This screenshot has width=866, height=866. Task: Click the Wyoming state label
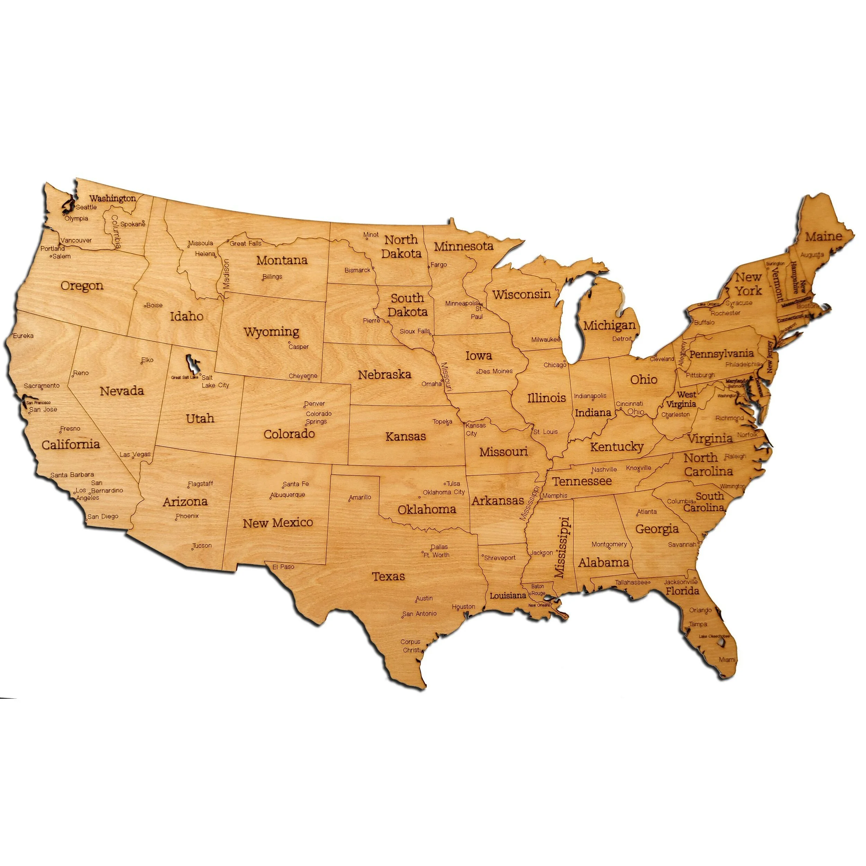pyautogui.click(x=271, y=333)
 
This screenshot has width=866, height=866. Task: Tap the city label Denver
pyautogui.click(x=315, y=404)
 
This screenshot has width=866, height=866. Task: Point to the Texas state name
pyautogui.click(x=388, y=576)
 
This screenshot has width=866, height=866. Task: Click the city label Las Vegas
pyautogui.click(x=135, y=454)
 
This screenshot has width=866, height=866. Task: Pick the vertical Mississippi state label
pyautogui.click(x=563, y=547)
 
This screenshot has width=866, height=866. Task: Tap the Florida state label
pyautogui.click(x=682, y=591)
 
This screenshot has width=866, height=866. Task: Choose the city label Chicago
pyautogui.click(x=555, y=365)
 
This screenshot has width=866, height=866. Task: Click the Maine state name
pyautogui.click(x=823, y=236)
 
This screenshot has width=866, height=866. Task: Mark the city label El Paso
pyautogui.click(x=283, y=567)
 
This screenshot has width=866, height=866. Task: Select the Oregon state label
pyautogui.click(x=82, y=286)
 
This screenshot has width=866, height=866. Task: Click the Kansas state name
pyautogui.click(x=405, y=436)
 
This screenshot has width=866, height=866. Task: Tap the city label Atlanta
pyautogui.click(x=647, y=511)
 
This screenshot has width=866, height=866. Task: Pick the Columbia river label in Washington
pyautogui.click(x=116, y=232)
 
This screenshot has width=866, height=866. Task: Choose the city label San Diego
pyautogui.click(x=103, y=516)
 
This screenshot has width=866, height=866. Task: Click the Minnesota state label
pyautogui.click(x=463, y=246)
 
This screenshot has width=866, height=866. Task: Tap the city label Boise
pyautogui.click(x=154, y=305)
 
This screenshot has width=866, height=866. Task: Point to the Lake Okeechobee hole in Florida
pyautogui.click(x=721, y=642)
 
